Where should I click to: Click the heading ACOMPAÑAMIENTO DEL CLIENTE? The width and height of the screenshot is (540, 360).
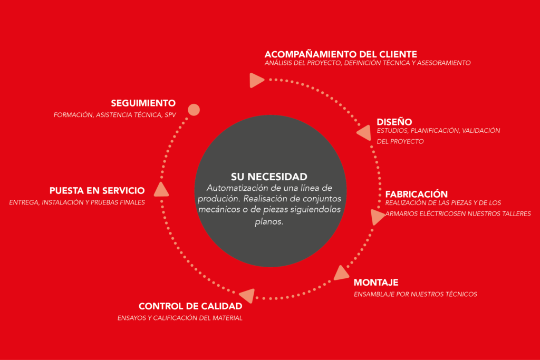341,54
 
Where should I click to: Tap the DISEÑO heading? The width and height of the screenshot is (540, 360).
394,122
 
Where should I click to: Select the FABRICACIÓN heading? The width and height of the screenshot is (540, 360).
417,194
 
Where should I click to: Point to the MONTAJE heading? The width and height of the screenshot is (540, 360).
376,283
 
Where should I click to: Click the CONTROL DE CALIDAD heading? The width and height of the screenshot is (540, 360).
190,306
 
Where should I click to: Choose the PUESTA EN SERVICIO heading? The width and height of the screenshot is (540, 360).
97,191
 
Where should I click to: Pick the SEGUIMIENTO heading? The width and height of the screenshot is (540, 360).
143,103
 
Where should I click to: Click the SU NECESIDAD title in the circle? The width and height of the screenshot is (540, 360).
269,177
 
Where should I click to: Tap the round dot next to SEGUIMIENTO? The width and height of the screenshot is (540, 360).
194,110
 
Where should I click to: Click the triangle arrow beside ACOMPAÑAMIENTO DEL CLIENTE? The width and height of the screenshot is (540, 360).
256,80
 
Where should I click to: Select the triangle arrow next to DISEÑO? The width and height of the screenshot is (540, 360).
365,133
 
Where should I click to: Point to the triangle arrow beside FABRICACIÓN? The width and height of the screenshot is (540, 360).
377,217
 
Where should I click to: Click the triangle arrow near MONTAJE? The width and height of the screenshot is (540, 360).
341,273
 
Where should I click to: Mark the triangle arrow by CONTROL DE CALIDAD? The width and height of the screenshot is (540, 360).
248,296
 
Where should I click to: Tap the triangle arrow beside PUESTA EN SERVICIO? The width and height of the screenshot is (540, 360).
161,190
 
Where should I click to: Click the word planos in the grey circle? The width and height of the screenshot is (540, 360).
269,222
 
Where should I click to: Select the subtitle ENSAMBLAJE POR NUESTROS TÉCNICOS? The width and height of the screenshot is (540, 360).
416,294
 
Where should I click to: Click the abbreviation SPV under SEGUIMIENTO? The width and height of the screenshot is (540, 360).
170,115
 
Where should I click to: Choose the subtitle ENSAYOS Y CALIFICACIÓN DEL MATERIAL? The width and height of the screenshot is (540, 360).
180,318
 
